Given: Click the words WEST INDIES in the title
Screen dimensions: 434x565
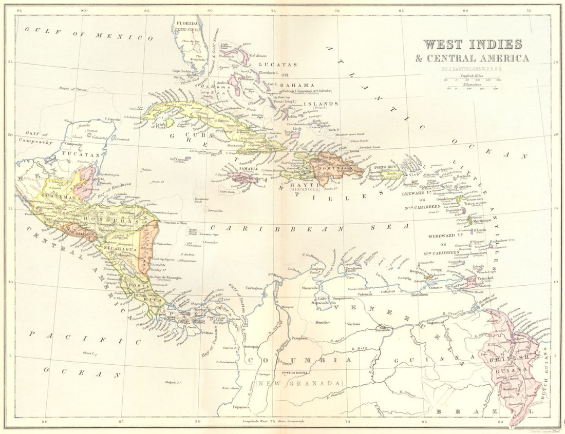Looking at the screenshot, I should tap(473, 45).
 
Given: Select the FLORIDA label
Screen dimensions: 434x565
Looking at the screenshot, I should tap(188, 24).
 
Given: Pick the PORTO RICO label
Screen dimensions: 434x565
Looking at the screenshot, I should tap(386, 168).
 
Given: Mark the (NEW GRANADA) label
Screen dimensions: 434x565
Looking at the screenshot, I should tap(299, 383).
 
